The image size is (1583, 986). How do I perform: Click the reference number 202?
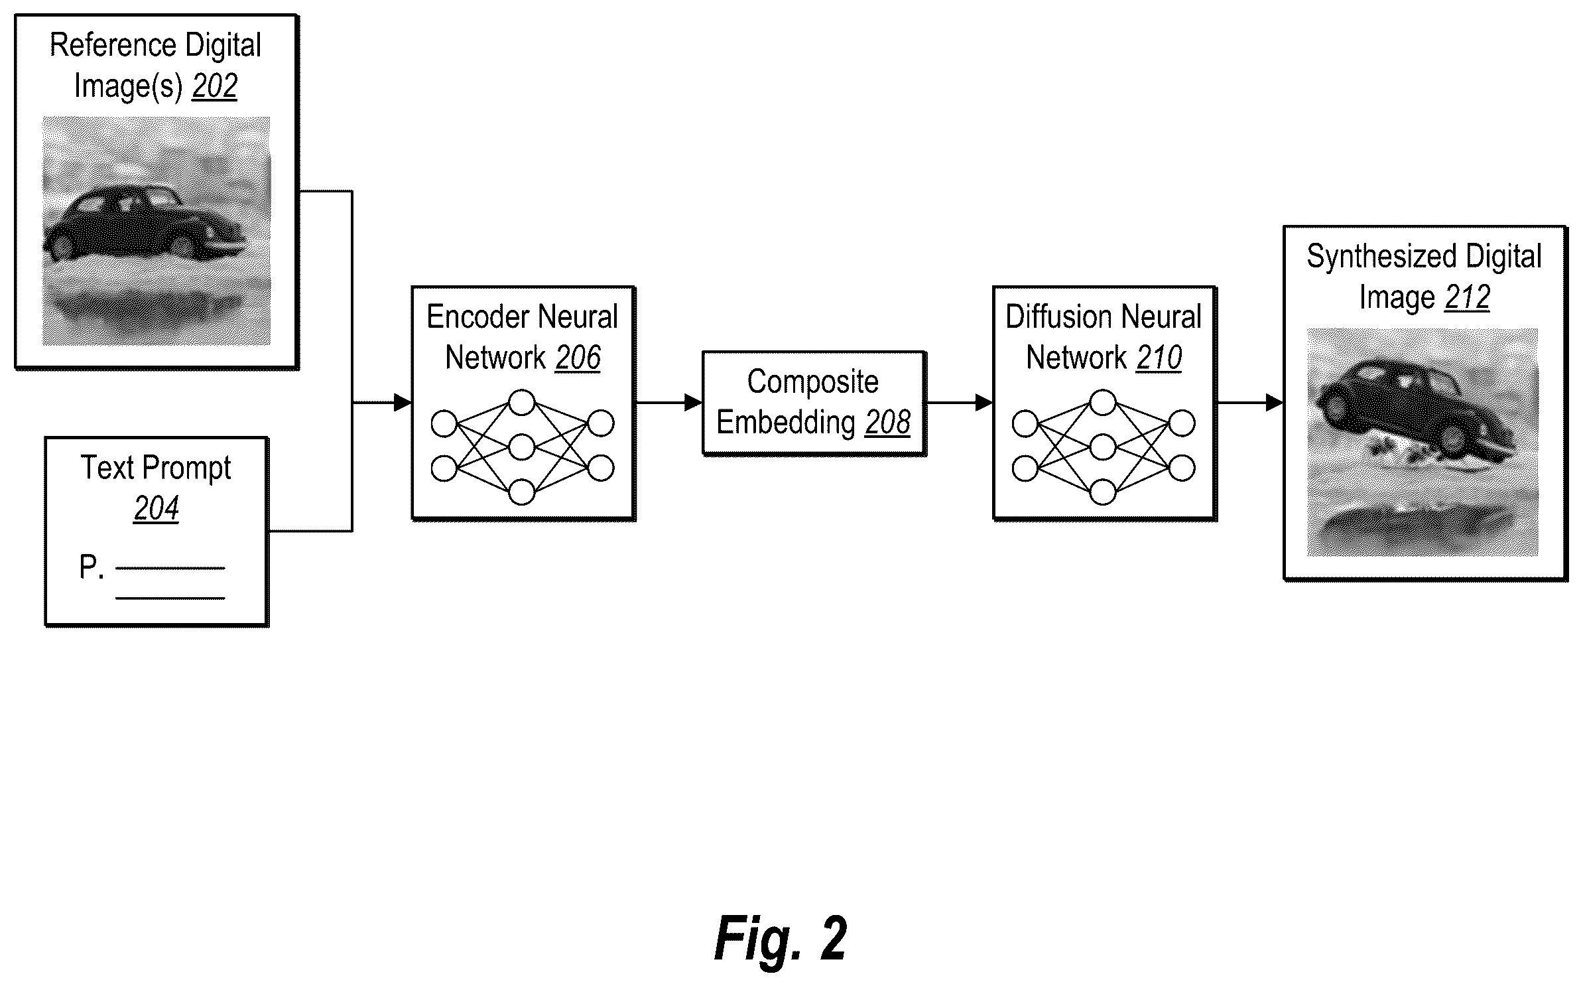214,86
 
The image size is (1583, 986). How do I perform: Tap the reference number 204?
156,509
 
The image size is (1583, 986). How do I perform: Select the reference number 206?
578,358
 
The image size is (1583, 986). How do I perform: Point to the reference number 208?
887,422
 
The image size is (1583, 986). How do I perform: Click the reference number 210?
1159,358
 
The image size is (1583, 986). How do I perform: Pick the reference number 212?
1467,297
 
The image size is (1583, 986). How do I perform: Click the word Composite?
813,382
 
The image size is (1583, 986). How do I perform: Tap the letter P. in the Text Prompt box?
92,567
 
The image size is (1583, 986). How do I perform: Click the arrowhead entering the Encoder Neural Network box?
403,402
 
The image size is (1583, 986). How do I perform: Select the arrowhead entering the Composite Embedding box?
693,402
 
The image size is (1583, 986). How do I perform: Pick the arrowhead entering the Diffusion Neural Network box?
983,402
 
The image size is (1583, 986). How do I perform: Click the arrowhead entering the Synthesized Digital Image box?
1274,402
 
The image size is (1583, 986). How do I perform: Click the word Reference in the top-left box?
114,46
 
